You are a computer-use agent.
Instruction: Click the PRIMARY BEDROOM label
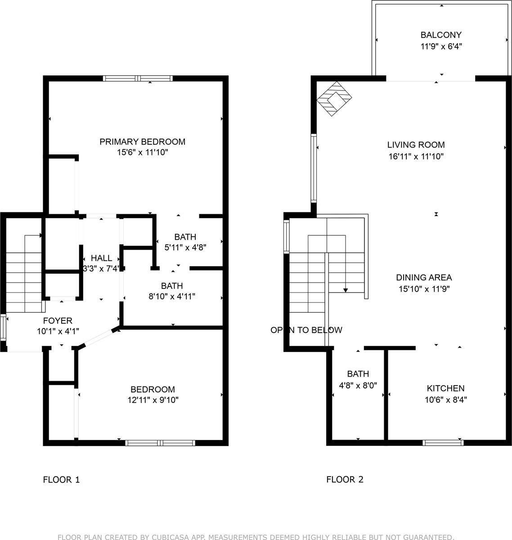pos(142,142)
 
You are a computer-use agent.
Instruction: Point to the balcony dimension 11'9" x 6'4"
pos(441,46)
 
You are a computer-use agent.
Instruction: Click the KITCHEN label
pos(445,388)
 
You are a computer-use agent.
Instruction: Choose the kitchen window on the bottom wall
pos(443,443)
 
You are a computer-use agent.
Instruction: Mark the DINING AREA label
pos(424,278)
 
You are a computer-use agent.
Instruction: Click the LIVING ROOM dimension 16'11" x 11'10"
pos(416,157)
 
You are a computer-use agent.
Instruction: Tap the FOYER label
pos(58,321)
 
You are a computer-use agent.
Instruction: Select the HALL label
pos(101,258)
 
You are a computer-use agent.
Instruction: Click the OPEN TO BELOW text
pos(306,330)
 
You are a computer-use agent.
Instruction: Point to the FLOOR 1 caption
pos(61,480)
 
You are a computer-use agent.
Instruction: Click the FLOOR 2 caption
pos(345,480)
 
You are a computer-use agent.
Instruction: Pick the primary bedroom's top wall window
pos(138,78)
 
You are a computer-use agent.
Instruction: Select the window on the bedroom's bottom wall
pos(160,443)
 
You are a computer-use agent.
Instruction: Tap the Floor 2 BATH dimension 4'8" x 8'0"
pos(358,385)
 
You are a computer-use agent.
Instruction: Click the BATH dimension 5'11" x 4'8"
pos(185,247)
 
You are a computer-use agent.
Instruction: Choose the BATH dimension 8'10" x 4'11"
pos(172,296)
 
